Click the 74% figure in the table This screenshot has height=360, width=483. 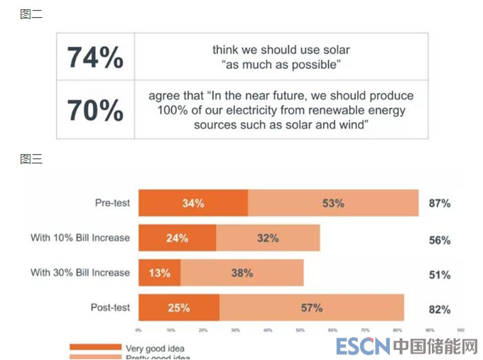point(95,58)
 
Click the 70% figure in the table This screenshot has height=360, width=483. point(95,110)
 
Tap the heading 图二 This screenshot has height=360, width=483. point(31,13)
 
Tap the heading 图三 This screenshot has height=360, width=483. point(31,159)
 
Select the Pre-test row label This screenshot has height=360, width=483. point(112,203)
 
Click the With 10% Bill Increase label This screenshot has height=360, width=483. point(80,238)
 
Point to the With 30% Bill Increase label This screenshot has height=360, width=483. point(80,273)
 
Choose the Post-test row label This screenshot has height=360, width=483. point(110,307)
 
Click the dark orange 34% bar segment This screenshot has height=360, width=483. point(193,203)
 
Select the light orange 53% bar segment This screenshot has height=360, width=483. point(333,203)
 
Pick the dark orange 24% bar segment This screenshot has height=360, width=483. point(177,238)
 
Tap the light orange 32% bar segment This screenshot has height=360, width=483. point(268,238)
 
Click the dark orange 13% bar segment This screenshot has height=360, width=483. point(159,273)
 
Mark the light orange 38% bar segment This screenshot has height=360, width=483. point(242,273)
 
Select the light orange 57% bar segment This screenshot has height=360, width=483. point(312,307)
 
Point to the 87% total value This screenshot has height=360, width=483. point(439,203)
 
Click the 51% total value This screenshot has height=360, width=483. point(439,275)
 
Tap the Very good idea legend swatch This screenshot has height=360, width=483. point(95,347)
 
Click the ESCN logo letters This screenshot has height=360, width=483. point(363,347)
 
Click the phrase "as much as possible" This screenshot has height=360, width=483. point(281,65)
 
